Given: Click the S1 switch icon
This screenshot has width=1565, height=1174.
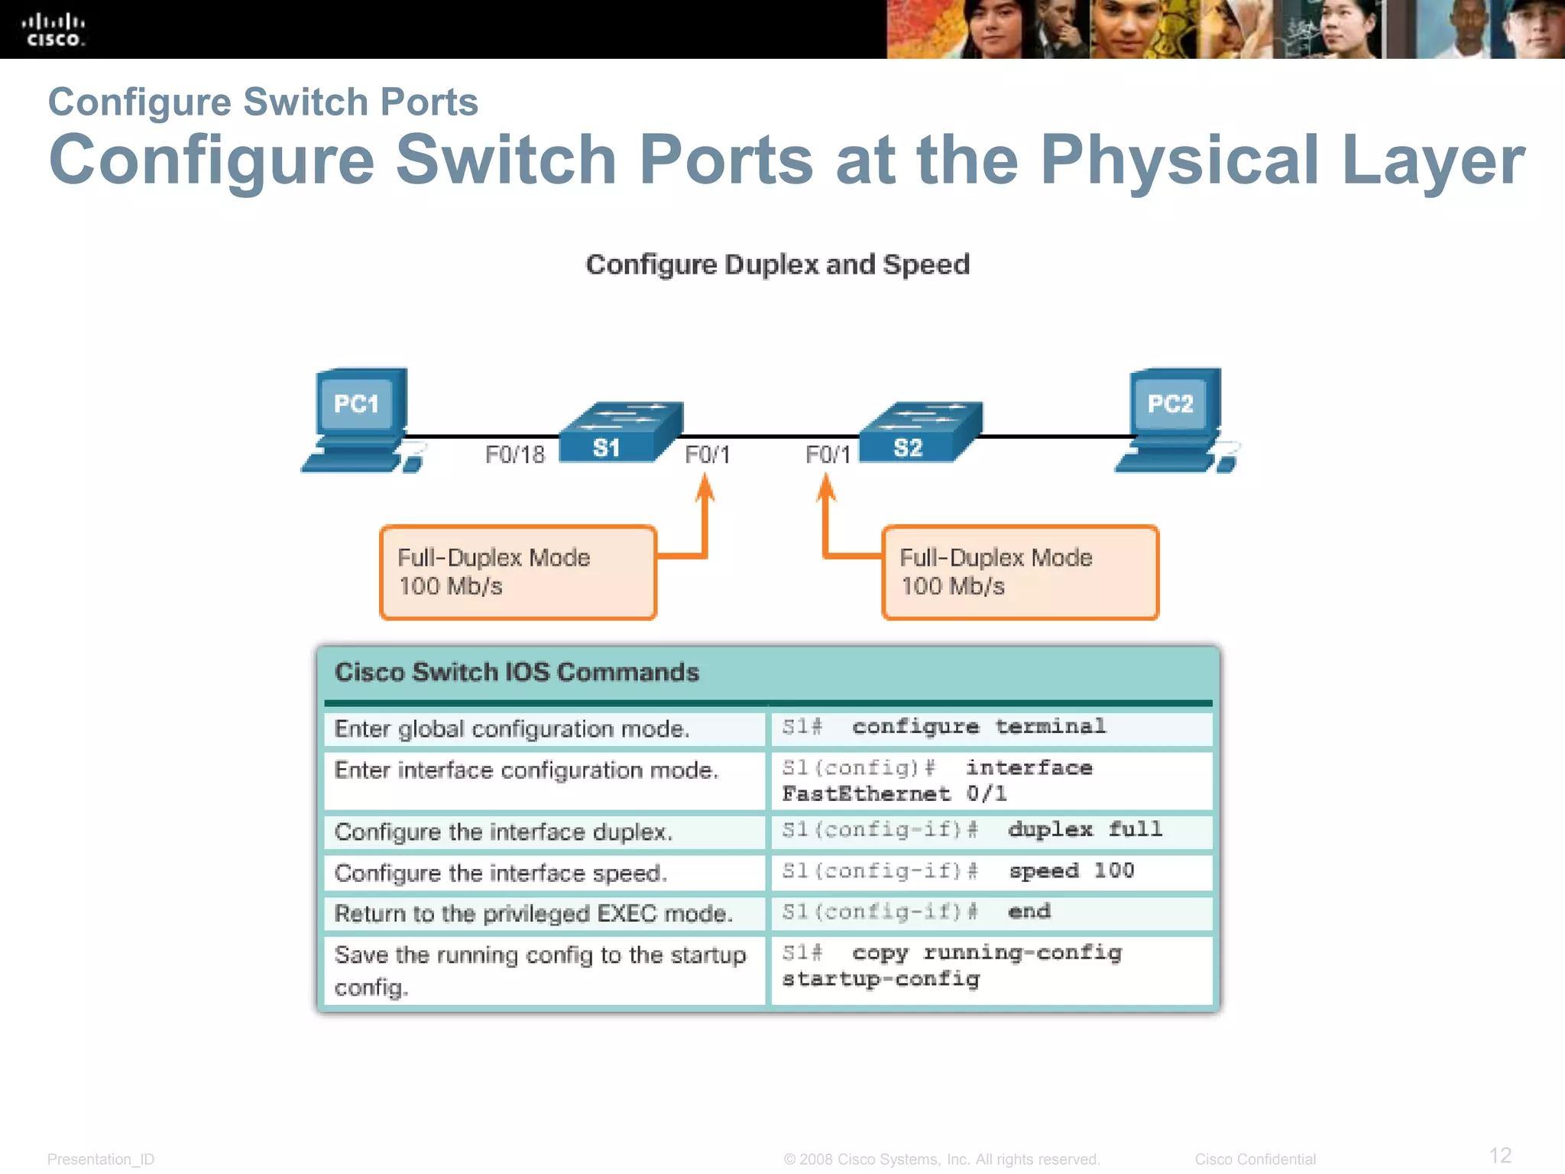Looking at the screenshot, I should click(x=620, y=433).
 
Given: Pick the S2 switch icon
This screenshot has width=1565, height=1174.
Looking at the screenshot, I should click(x=920, y=433).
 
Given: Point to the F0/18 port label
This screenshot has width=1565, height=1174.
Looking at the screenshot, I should click(x=515, y=456).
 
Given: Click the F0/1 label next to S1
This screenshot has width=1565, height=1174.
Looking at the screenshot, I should click(x=708, y=456).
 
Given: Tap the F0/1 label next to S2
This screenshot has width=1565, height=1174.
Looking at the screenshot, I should click(x=828, y=456).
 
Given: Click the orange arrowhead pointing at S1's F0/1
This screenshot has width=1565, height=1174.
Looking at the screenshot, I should click(x=705, y=488).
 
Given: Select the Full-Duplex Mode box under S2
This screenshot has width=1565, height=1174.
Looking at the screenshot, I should click(x=1020, y=572).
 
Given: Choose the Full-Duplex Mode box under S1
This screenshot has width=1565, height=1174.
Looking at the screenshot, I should click(x=518, y=572).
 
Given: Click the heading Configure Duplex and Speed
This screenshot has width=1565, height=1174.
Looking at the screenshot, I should click(x=777, y=264).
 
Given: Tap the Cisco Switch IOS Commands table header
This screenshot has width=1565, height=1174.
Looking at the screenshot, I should click(x=517, y=673).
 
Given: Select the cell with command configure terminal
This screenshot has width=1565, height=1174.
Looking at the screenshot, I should click(x=990, y=728).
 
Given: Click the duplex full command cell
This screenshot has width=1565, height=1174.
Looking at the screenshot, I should click(x=990, y=831).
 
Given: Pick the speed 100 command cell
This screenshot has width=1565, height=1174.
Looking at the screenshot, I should click(x=990, y=872).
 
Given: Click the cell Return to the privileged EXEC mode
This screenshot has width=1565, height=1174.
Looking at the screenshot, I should click(x=543, y=913).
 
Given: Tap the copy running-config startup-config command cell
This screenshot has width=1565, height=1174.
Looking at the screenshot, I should click(x=990, y=967).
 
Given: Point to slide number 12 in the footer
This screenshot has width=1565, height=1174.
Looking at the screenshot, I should click(x=1500, y=1155).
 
